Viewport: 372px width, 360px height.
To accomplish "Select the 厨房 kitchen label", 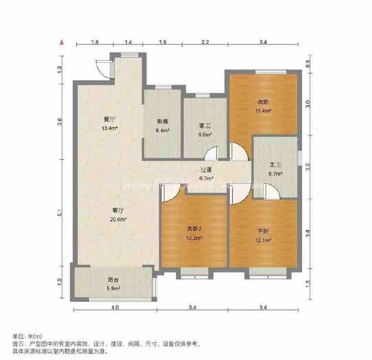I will [162, 122].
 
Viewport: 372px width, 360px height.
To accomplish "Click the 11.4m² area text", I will [263, 110].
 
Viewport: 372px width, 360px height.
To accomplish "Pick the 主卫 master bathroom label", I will [276, 164].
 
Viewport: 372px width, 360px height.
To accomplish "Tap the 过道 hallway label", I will [206, 170].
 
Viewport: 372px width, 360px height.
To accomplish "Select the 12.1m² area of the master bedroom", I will [263, 239].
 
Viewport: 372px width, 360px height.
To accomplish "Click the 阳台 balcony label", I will [113, 280].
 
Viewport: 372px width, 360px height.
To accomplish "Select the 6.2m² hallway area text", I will [206, 178].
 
